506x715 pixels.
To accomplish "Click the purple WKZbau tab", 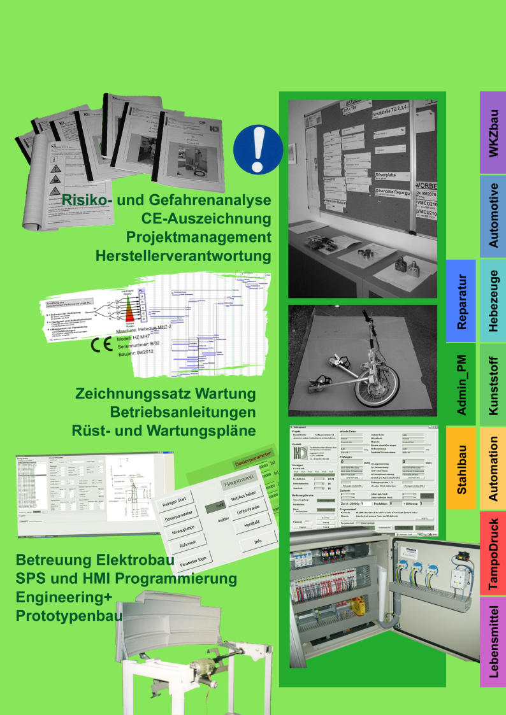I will click(493, 132).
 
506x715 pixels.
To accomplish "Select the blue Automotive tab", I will click(493, 216).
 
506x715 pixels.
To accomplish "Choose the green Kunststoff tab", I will click(493, 385).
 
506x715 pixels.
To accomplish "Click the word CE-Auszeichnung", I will click(206, 220).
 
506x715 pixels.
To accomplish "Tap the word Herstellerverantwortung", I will click(184, 256).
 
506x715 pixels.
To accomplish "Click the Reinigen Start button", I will click(173, 500).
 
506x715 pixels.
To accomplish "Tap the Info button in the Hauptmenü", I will click(257, 541).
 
